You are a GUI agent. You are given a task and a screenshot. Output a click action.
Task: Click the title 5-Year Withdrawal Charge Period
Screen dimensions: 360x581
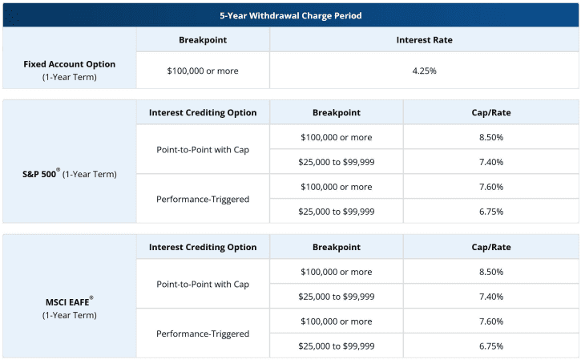[290, 15]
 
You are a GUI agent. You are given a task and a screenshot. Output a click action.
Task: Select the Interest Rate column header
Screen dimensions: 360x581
[425, 39]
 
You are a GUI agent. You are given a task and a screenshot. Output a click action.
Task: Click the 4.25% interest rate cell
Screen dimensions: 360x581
[425, 71]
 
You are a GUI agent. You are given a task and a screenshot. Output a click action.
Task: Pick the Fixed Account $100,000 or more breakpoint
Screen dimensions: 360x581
[203, 71]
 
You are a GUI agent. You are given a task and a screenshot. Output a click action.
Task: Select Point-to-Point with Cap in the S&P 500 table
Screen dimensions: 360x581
[203, 149]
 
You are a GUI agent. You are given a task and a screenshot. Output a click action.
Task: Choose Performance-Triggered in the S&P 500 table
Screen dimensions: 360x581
[203, 199]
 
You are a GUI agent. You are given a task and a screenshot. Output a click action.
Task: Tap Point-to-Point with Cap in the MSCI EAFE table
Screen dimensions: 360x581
[203, 284]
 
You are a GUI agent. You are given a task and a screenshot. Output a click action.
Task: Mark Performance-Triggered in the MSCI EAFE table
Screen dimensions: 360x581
[203, 334]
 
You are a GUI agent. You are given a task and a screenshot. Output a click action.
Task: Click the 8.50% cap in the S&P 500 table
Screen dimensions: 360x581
[491, 137]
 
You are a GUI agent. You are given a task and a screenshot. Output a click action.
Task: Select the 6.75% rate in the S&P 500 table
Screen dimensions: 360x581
[491, 212]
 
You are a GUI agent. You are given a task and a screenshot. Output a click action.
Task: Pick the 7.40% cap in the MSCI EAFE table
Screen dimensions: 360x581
[491, 297]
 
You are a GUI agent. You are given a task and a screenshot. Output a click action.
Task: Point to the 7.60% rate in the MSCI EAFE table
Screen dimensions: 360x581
[491, 322]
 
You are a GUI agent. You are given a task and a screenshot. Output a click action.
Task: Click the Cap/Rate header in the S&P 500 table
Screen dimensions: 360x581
[491, 112]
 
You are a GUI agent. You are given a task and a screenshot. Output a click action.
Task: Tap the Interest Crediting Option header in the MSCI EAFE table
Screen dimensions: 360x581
[203, 247]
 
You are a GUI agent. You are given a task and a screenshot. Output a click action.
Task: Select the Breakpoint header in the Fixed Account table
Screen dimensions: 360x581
[203, 39]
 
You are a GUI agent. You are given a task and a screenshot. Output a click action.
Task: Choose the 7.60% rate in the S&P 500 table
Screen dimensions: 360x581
[491, 187]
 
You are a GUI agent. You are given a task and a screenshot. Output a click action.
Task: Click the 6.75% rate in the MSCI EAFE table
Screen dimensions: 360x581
[491, 346]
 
